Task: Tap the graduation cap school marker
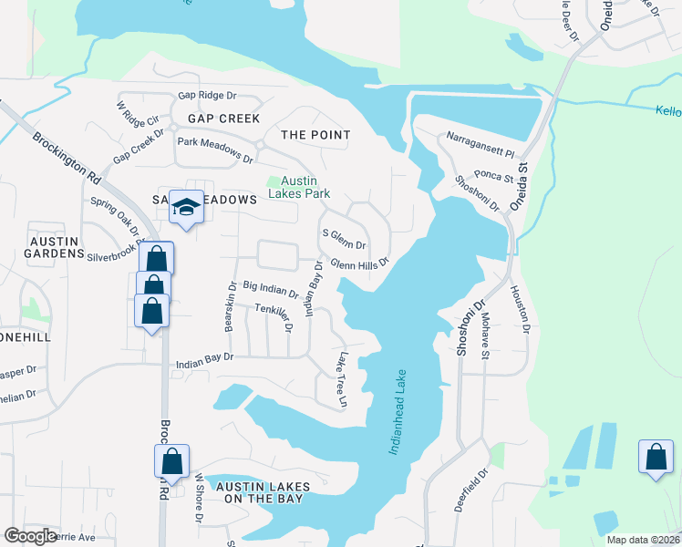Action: tap(186, 209)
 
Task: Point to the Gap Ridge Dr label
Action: tap(207, 95)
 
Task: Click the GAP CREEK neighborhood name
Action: tap(223, 119)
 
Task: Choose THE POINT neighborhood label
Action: tap(315, 135)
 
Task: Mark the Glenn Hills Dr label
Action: tap(359, 263)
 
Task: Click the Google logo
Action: tap(31, 536)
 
